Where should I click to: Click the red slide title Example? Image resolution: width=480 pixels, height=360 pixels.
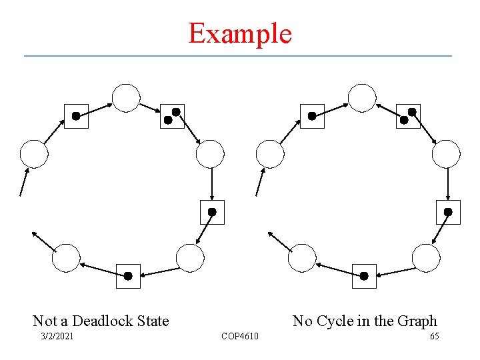pos(240,33)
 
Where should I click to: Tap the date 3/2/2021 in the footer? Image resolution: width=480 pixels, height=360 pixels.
pos(57,335)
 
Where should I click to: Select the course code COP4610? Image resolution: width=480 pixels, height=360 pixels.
pos(240,335)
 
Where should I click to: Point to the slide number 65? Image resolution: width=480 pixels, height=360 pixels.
pos(434,335)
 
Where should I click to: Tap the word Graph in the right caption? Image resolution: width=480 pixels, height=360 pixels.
pos(415,321)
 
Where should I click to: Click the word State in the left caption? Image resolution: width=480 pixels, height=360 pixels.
pos(154,321)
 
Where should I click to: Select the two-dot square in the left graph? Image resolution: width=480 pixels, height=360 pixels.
pos(172,116)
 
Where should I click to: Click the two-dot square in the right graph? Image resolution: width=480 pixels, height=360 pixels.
pos(408,116)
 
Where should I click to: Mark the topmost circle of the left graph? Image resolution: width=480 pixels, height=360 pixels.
pos(126,98)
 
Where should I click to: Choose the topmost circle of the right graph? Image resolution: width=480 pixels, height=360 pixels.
pos(362,98)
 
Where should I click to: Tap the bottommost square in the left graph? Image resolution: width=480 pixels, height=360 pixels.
pos(128,276)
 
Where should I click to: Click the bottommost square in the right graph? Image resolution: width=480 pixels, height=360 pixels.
pos(364,276)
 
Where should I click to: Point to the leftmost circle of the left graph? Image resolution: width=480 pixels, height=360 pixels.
pos(34,154)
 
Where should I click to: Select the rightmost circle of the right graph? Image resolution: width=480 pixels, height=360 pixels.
pos(446,154)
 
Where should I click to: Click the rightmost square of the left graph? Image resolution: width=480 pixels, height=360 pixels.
pos(212,212)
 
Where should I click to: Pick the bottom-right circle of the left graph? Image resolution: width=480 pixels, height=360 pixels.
pos(190,258)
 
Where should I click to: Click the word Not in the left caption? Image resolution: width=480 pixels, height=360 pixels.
pos(45,321)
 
